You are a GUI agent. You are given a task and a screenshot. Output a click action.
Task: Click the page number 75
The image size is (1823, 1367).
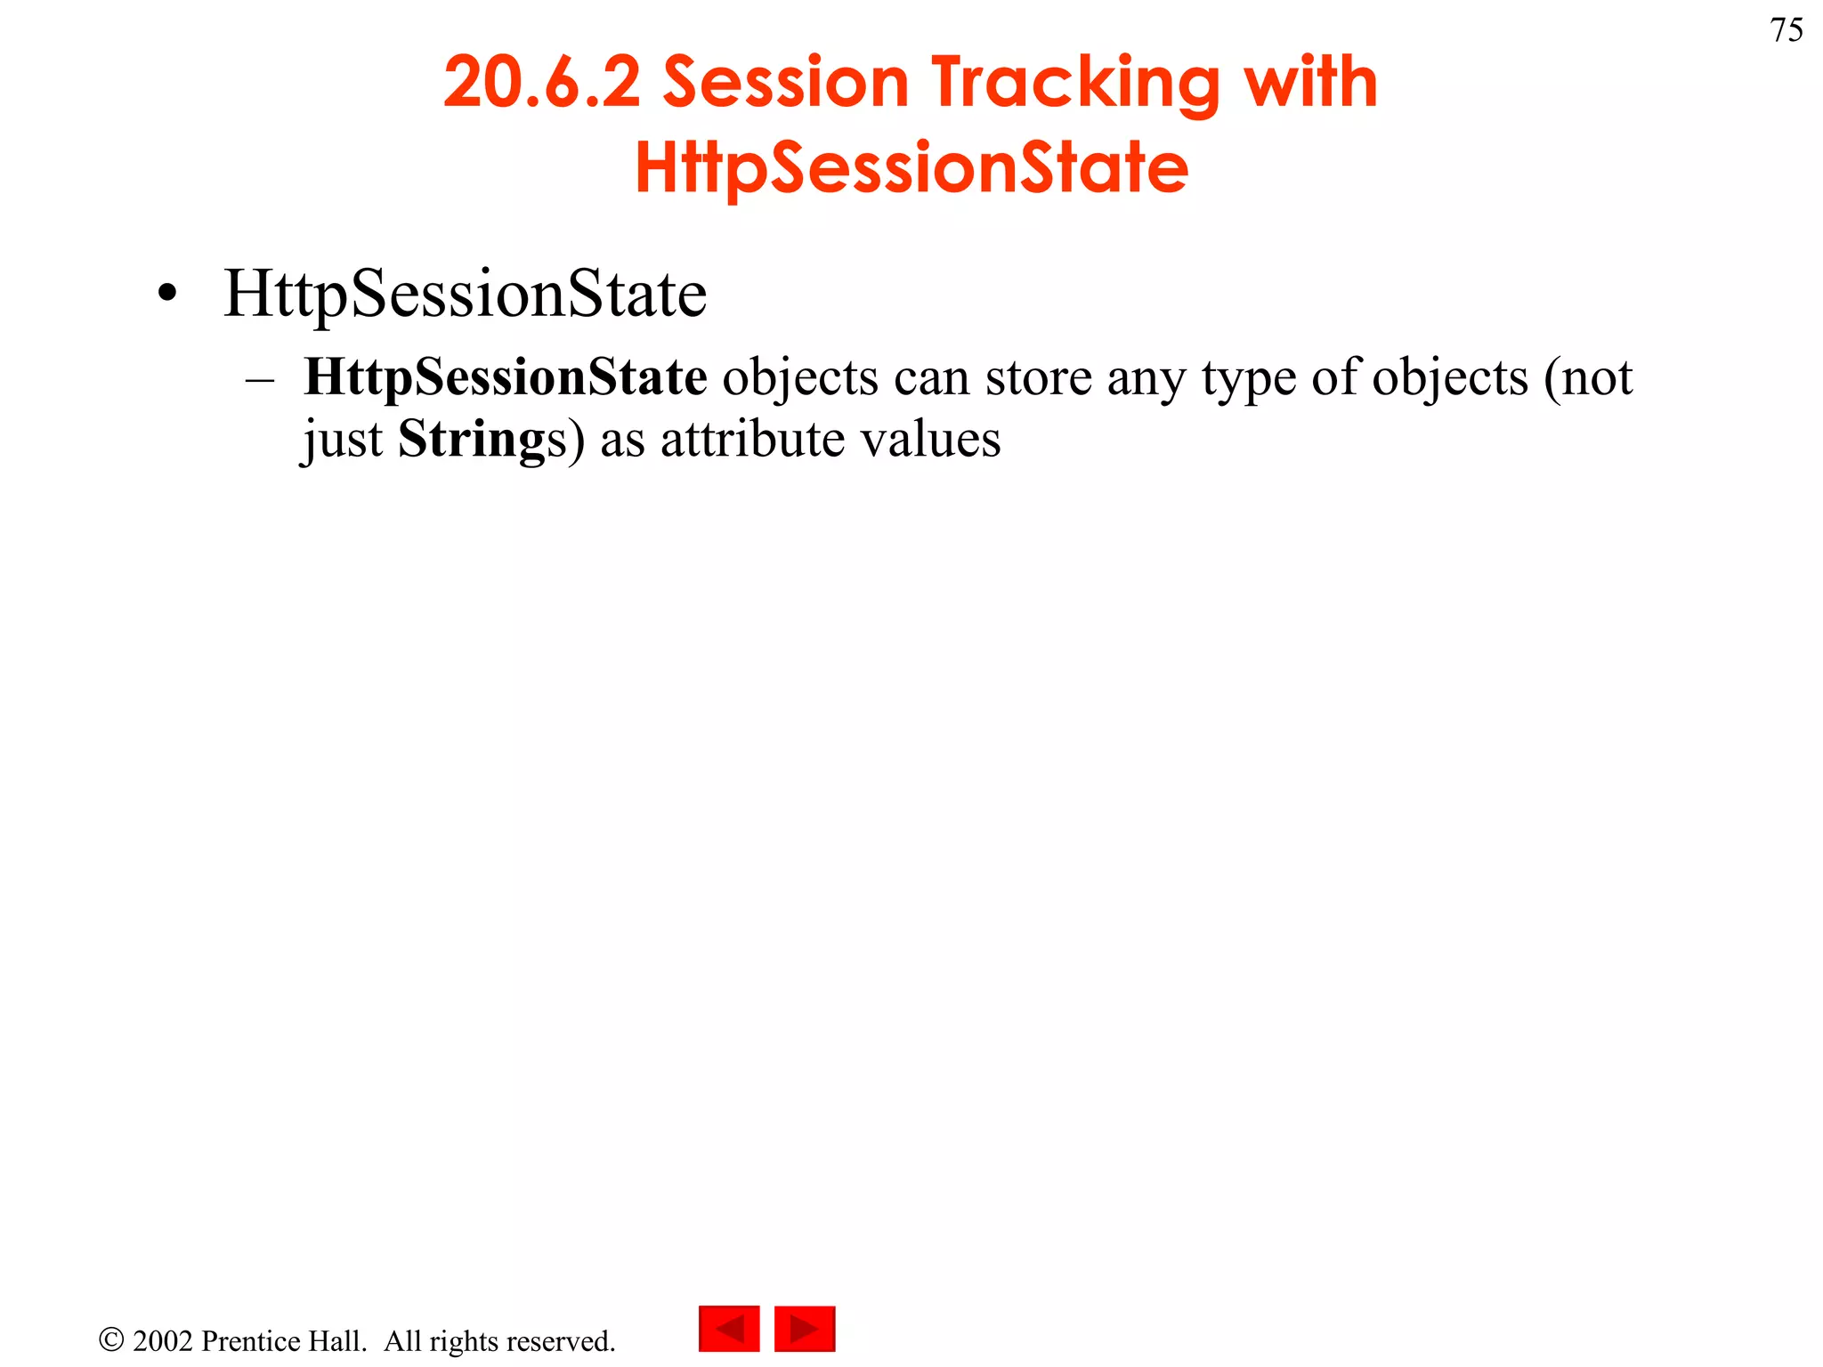[x=1787, y=30]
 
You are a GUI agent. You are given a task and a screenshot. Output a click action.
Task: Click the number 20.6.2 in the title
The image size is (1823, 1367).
[x=542, y=82]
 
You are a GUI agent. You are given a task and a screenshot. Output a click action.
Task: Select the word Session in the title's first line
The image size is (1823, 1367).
[x=786, y=82]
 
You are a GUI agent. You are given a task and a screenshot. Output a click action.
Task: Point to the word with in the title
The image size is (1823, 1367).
[x=1311, y=82]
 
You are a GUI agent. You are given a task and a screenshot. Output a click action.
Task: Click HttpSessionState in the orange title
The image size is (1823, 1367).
[x=911, y=168]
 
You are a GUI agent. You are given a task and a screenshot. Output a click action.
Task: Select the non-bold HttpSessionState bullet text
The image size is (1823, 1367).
[x=465, y=294]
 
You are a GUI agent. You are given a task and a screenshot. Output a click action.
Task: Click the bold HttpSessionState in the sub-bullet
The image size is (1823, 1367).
[x=506, y=377]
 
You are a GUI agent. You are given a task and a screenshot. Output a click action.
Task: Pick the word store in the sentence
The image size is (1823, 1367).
[x=1038, y=377]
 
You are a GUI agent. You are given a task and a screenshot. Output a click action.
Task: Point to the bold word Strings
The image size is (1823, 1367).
[x=472, y=440]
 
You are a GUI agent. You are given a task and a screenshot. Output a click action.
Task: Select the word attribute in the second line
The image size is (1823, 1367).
[x=752, y=440]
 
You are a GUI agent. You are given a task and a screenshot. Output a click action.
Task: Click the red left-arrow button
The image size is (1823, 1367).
[x=729, y=1329]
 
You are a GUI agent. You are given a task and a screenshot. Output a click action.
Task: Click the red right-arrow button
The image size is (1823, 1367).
[x=805, y=1329]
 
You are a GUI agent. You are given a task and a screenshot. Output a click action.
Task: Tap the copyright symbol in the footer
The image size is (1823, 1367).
[x=111, y=1340]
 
